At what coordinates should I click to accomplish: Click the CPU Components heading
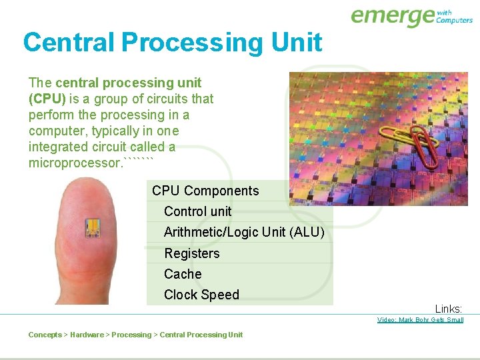[x=205, y=191]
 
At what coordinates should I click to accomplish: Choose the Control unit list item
[x=197, y=211]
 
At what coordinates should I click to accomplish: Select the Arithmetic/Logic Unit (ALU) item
[x=244, y=232]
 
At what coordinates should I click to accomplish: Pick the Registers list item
[x=191, y=253]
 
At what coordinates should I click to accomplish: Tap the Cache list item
[x=183, y=274]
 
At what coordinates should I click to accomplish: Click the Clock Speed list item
[x=201, y=295]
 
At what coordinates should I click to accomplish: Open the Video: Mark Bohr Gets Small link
[x=420, y=320]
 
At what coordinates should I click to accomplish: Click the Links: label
[x=449, y=309]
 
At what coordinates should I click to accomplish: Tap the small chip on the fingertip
[x=92, y=227]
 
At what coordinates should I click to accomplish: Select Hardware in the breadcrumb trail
[x=87, y=335]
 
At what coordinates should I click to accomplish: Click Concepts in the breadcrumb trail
[x=45, y=335]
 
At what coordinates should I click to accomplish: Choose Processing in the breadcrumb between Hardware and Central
[x=131, y=335]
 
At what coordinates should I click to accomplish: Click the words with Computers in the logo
[x=454, y=16]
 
